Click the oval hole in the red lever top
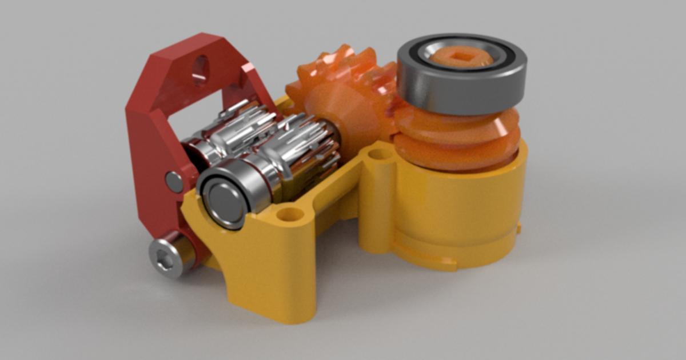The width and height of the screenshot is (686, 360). (201, 68)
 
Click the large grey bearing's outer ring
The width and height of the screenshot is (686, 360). (460, 86)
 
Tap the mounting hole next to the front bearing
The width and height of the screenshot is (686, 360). (290, 215)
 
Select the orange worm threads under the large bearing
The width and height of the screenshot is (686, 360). (457, 140)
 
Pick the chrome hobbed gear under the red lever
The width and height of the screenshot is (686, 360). (240, 129)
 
